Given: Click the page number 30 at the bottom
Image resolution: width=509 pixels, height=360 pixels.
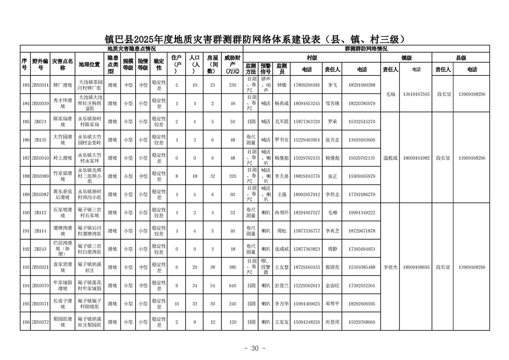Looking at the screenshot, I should click(254, 348).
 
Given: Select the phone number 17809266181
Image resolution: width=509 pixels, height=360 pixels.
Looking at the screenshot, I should click(307, 85).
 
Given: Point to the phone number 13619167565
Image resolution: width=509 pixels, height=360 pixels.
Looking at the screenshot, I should click(416, 94).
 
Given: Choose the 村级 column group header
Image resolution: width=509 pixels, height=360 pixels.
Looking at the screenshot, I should click(312, 58).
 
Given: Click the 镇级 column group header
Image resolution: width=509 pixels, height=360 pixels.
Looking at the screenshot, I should click(406, 58).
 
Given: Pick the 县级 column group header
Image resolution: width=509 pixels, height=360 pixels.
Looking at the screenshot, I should click(460, 58).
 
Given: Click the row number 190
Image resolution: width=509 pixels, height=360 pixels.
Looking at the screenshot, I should click(25, 212).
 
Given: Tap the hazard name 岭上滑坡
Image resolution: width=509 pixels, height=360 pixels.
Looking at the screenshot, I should click(63, 158).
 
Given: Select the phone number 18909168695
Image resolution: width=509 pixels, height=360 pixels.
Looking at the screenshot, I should click(416, 267).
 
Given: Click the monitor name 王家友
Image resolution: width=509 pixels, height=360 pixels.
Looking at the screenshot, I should click(281, 322).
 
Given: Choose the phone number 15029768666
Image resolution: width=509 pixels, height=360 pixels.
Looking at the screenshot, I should click(362, 322).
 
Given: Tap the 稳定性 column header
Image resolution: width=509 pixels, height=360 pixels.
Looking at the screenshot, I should click(159, 64).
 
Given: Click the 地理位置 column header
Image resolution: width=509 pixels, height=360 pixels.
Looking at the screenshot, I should click(89, 64).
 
